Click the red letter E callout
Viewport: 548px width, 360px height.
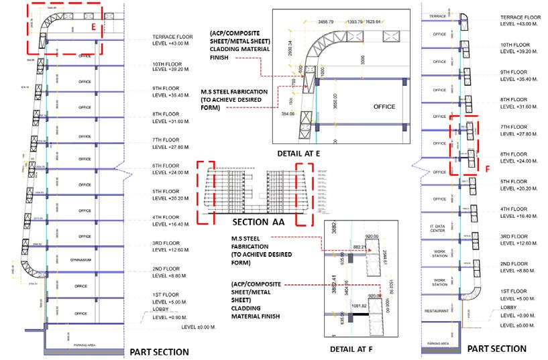click(x=95, y=27)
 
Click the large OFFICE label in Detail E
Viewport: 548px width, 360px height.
click(x=384, y=107)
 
